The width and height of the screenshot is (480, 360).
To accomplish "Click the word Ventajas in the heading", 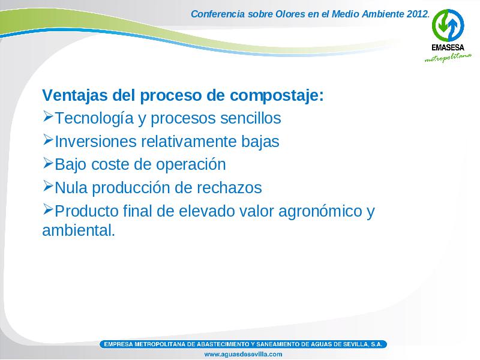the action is (x=75, y=95).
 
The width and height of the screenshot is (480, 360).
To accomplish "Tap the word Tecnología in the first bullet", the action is (x=94, y=119).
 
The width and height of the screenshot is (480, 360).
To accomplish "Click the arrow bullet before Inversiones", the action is (x=48, y=139).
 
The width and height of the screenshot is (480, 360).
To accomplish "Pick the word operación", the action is (x=191, y=164).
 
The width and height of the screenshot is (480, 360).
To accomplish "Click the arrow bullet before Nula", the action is (x=48, y=185).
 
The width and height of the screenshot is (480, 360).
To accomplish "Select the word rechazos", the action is (x=229, y=188).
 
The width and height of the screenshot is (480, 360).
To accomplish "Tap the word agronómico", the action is (x=320, y=212).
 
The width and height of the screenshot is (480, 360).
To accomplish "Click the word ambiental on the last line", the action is (x=77, y=230).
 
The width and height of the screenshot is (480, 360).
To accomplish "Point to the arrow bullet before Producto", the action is (x=48, y=209).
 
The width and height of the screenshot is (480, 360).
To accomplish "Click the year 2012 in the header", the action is (x=417, y=14).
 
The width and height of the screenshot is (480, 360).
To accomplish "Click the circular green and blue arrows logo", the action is (x=448, y=25).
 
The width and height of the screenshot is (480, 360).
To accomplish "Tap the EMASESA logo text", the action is (x=448, y=47).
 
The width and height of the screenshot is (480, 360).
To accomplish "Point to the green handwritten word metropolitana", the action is (x=448, y=58).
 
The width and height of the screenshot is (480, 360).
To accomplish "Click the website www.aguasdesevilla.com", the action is (x=243, y=355).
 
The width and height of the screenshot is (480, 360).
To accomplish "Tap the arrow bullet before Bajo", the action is (x=48, y=163).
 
